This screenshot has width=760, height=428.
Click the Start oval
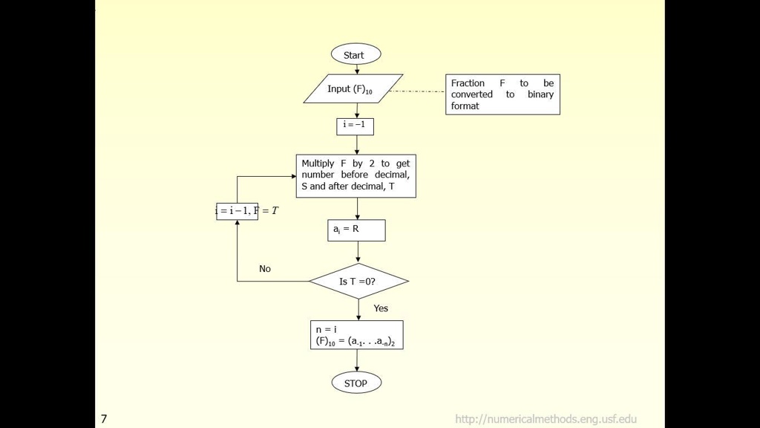356,54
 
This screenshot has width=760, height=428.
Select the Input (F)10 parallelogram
353,88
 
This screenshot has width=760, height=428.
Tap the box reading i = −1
355,126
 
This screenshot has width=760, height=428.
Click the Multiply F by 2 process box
356,175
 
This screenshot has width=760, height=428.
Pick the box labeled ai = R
356,230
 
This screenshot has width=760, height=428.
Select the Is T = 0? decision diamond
358,281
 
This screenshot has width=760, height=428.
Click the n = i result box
356,334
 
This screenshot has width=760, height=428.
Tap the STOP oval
356,383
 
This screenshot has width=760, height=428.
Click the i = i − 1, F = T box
237,211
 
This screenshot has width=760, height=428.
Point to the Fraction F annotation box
502,94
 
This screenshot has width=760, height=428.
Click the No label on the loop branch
265,269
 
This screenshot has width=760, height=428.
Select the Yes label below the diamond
381,308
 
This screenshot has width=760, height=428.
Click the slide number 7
104,419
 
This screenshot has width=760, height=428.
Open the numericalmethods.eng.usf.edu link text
546,419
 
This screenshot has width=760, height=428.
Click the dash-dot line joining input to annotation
417,91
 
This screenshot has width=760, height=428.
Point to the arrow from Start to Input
357,69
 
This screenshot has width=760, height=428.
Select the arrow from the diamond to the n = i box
358,309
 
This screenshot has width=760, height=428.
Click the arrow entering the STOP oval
357,360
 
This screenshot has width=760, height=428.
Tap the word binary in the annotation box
540,94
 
